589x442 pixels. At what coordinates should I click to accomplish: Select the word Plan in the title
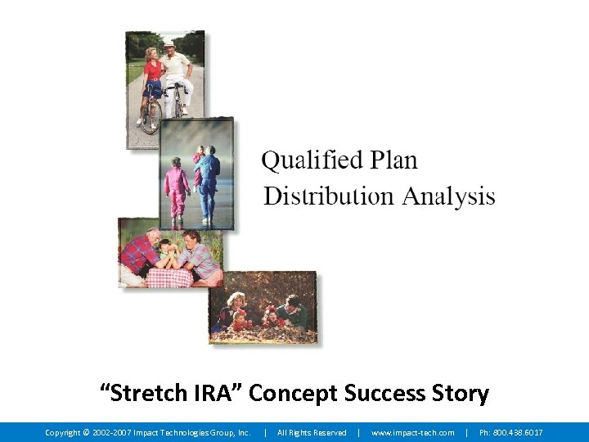[393, 160]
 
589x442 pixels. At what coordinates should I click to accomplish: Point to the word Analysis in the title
[447, 196]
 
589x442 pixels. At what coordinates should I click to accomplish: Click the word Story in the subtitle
[460, 394]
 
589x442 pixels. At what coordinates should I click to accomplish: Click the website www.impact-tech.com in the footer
[412, 432]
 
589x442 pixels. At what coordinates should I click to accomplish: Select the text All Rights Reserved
[312, 432]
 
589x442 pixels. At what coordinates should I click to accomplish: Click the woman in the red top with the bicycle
[152, 78]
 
